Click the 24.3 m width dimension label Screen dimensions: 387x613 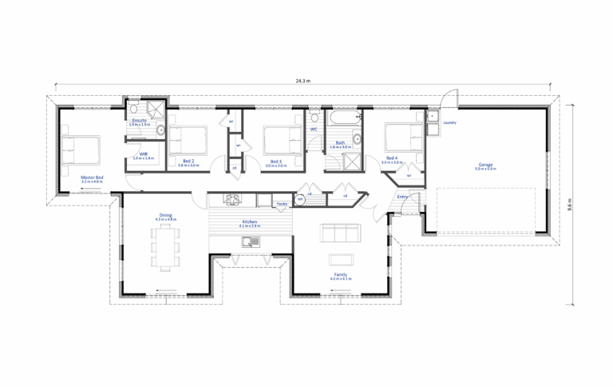tap(303, 81)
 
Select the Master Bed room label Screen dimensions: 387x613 tap(93, 178)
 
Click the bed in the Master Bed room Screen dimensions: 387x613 tap(81, 150)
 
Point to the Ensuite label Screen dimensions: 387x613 tap(139, 120)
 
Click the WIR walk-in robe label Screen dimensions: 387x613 tap(144, 154)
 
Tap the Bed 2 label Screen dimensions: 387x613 tap(188, 161)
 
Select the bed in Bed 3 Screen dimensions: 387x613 tap(282, 141)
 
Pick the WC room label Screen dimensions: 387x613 tap(314, 129)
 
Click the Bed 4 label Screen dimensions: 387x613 tap(392, 158)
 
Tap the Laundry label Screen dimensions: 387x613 tap(450, 122)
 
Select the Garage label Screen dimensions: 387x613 tap(485, 165)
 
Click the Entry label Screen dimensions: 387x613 tap(402, 196)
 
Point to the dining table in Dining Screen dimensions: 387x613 tap(166, 246)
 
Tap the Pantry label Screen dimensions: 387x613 tap(282, 204)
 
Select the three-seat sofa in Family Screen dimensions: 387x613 tap(339, 233)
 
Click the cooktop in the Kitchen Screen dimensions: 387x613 tap(232, 199)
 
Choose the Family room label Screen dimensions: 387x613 tap(341, 274)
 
